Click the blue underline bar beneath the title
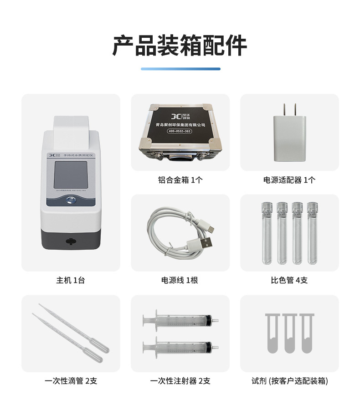180,69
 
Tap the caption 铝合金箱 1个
180,179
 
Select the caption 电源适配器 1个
289,179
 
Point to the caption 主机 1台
71,280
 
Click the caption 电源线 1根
180,280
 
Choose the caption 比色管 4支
289,280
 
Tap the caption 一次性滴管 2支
71,381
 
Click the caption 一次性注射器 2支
180,381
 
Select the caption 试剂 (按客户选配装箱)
289,381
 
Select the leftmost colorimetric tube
267,233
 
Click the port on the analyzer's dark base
70,241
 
